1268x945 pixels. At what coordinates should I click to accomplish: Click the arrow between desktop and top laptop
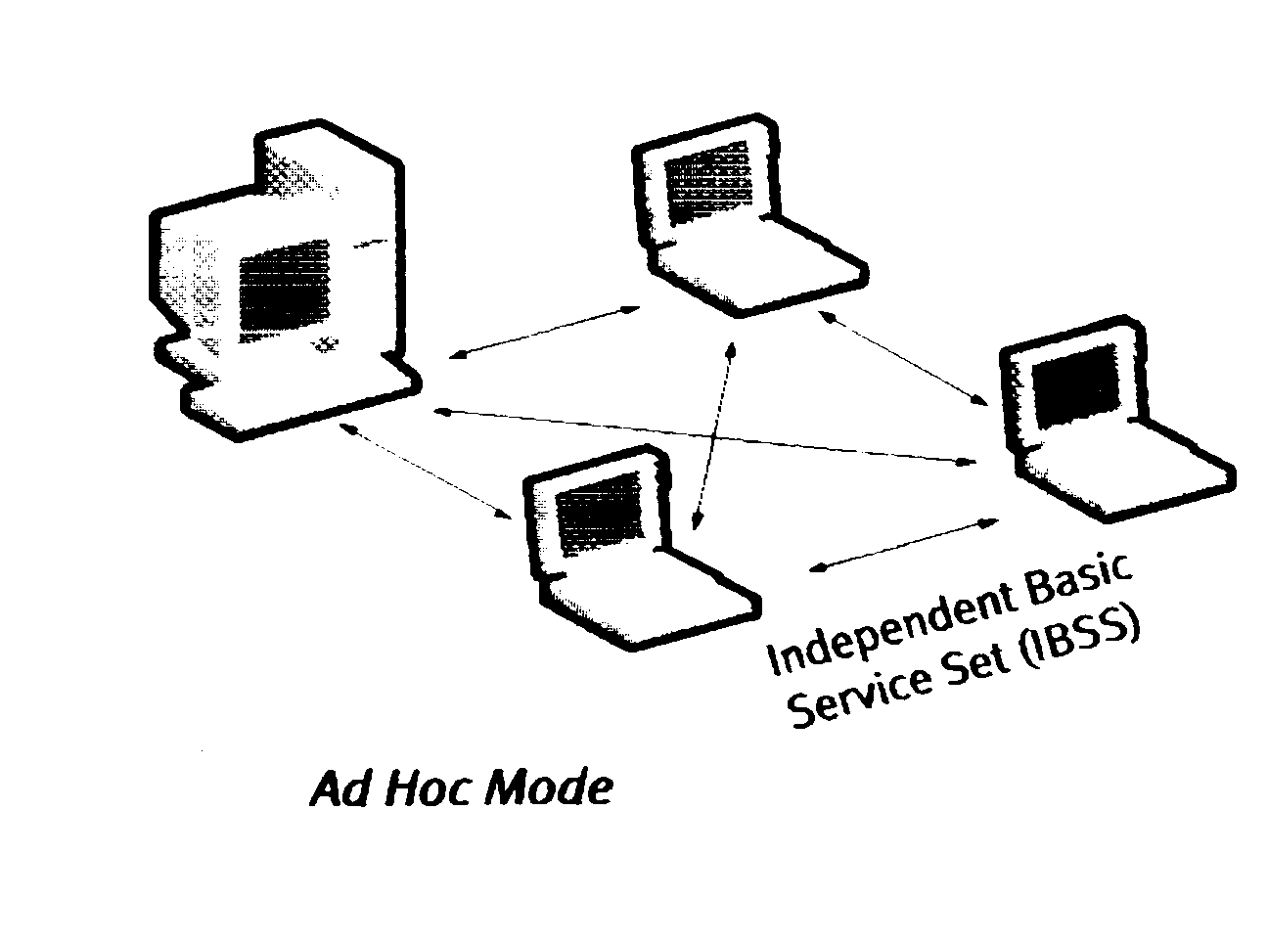coord(544,333)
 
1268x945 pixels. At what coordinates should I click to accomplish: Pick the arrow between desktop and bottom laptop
coord(430,470)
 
